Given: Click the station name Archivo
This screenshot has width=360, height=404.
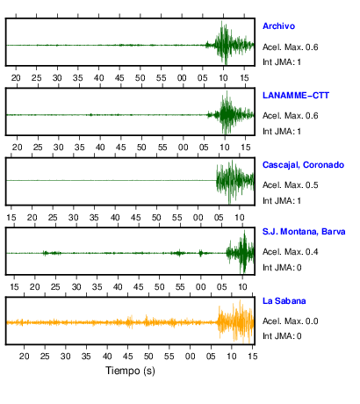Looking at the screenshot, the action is pos(278,26).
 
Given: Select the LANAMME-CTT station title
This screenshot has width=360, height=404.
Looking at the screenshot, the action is pos(296,96).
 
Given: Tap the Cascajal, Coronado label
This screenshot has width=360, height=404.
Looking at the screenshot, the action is pos(303,165).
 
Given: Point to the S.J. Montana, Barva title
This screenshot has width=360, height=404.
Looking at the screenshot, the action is pos(304,232).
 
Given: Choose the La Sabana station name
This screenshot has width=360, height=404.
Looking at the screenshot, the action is pos(284,301).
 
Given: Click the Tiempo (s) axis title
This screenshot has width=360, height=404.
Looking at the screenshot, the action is pos(130,371).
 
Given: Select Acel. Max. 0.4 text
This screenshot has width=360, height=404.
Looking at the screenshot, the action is pos(290,252).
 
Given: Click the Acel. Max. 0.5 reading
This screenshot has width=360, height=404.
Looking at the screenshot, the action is pos(290,185).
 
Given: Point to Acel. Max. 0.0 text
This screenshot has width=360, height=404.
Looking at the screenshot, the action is pos(290,321).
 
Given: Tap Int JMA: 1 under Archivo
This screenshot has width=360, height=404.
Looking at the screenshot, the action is pos(282,62).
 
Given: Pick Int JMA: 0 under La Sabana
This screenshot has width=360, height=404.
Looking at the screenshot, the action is pos(282,336).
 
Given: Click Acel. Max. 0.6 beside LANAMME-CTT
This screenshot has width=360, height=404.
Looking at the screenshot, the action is pos(290,116).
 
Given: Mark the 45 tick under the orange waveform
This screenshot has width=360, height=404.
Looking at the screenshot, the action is pos(127,357).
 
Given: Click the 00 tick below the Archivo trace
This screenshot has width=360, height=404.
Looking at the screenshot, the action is pos(182,78).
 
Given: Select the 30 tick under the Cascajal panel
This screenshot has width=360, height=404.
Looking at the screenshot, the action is pos(74,218).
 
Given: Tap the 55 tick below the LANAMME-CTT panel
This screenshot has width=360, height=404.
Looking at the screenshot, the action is pos(162,148).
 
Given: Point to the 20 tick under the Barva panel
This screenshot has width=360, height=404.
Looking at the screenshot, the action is pos(35,287).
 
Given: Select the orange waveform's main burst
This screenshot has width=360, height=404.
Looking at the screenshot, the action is pos(235,321).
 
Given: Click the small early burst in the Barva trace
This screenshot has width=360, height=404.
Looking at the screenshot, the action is pos(52,253).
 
